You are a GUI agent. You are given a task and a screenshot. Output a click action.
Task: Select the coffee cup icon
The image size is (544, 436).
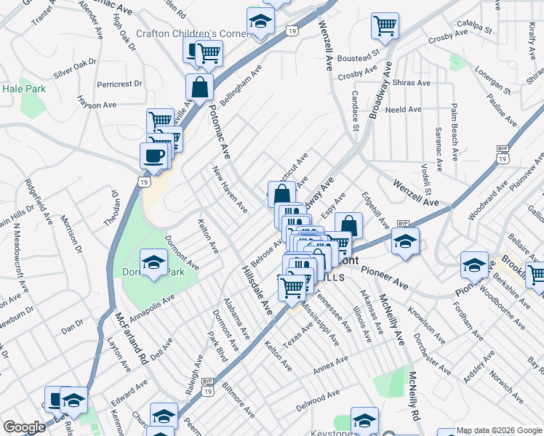[153, 155]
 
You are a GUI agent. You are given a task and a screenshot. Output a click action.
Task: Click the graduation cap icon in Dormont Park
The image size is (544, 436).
[153, 263]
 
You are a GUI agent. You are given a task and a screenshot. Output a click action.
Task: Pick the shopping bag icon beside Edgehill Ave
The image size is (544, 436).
[349, 225]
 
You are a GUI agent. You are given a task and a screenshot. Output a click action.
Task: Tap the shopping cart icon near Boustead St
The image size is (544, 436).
[385, 25]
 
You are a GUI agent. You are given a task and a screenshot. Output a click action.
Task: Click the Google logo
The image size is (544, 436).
[24, 427]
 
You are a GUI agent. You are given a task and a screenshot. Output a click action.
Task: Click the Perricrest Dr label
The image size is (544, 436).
[119, 84]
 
